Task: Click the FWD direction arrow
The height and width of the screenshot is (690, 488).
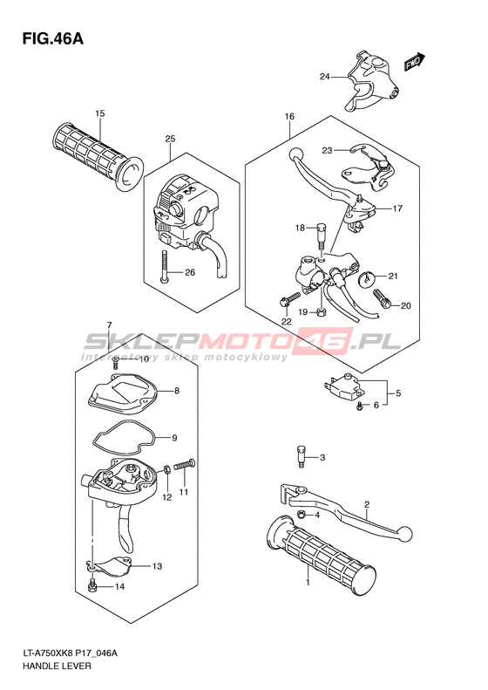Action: tap(415, 62)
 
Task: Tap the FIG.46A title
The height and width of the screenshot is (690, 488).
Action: tap(53, 38)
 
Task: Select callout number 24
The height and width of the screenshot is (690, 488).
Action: tap(324, 77)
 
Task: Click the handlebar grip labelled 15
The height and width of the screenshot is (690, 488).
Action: tap(98, 157)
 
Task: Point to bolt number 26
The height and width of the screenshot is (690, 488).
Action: tap(164, 267)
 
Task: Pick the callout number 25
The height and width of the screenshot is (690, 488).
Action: tap(170, 139)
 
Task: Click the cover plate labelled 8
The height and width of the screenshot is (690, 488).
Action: tap(123, 393)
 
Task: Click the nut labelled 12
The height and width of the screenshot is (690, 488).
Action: tap(167, 469)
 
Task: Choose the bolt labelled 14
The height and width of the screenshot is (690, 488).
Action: tap(92, 585)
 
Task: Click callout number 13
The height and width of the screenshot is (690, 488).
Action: tap(157, 566)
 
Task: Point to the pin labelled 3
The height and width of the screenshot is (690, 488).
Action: tap(300, 458)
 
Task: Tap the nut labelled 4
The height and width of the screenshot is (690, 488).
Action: tap(302, 514)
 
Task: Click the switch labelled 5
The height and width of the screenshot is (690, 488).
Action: tap(344, 387)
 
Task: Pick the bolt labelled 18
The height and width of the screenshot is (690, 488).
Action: tap(322, 236)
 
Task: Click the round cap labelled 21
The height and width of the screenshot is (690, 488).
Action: tap(365, 279)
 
